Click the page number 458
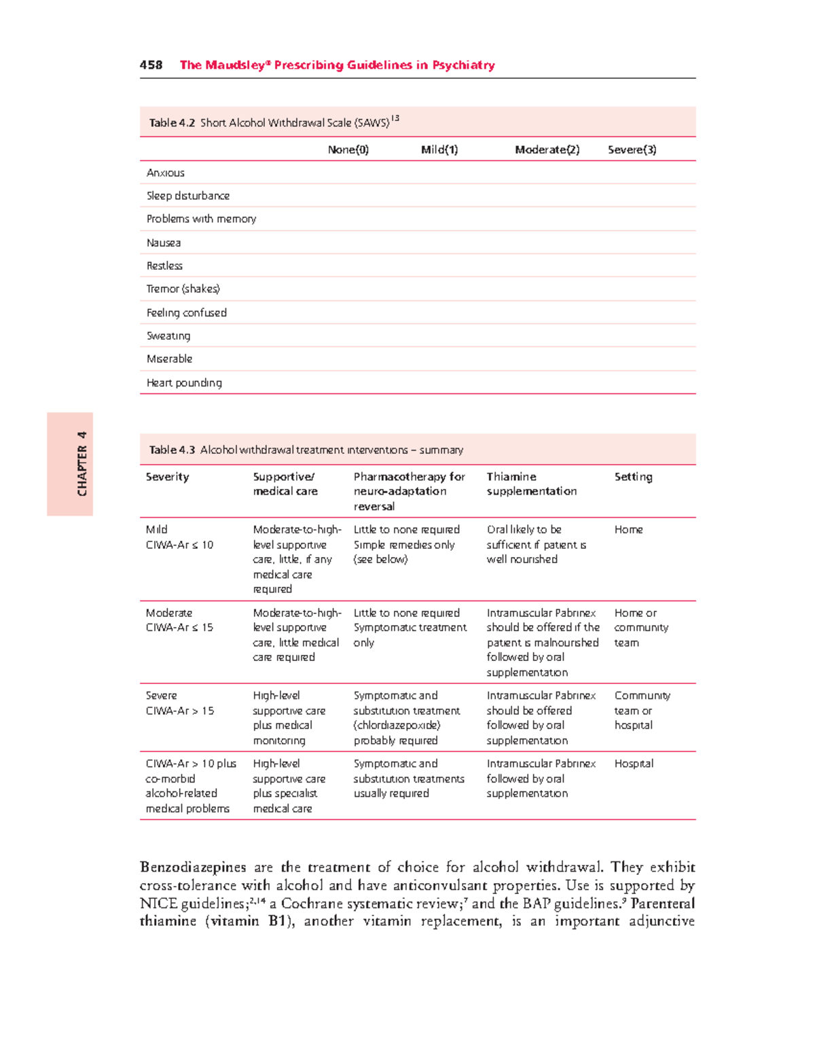coord(151,65)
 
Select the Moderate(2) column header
coord(547,149)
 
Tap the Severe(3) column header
coord(632,149)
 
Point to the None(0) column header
coord(348,149)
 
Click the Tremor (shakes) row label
coord(183,289)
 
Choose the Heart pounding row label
coord(184,382)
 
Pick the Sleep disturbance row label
coord(187,196)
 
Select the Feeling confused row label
coord(186,312)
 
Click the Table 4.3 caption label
coord(172,450)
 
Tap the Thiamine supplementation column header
coord(531,484)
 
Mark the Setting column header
coord(633,477)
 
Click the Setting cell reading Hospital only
coord(634,764)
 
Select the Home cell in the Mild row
coord(628,529)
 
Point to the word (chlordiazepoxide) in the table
coord(397,726)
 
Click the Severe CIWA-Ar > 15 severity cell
coord(179,703)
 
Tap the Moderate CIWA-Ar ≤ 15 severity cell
coord(179,620)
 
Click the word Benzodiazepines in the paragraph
coord(193,868)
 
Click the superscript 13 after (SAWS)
coord(395,118)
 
